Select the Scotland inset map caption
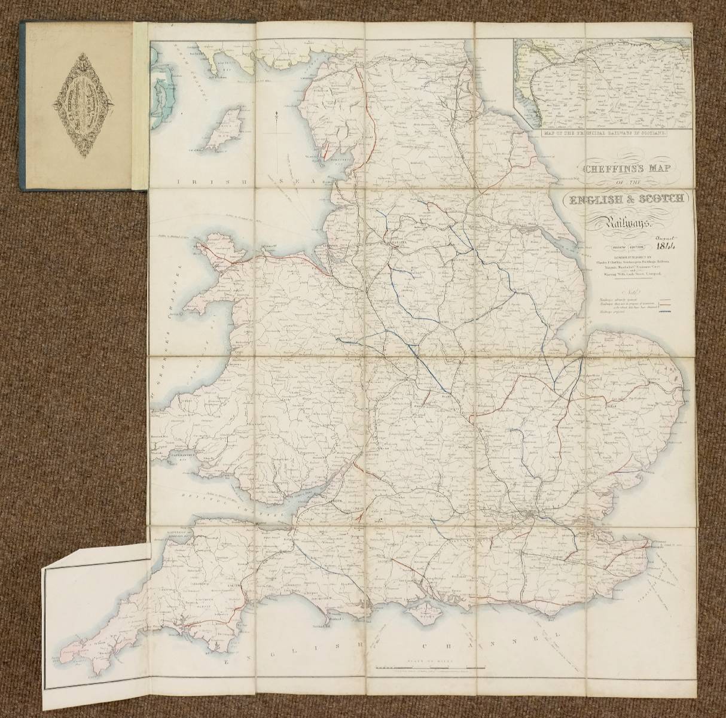pyautogui.click(x=604, y=134)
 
